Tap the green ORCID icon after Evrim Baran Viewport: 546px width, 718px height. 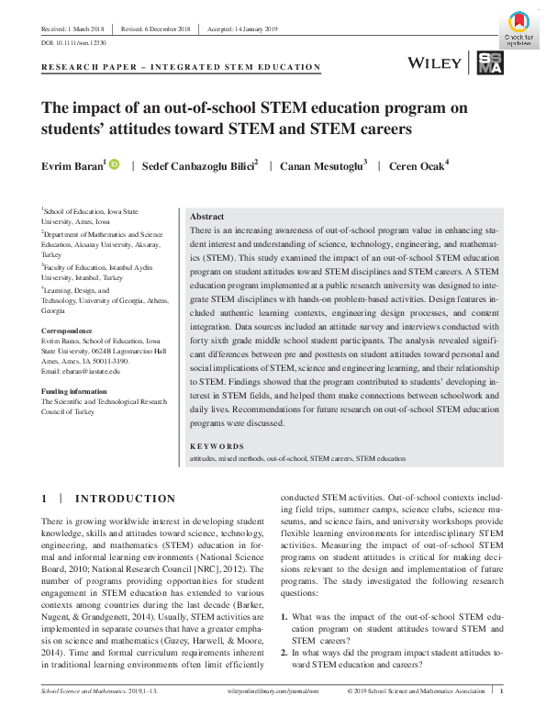114,164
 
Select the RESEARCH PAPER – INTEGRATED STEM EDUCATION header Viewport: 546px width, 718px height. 182,67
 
